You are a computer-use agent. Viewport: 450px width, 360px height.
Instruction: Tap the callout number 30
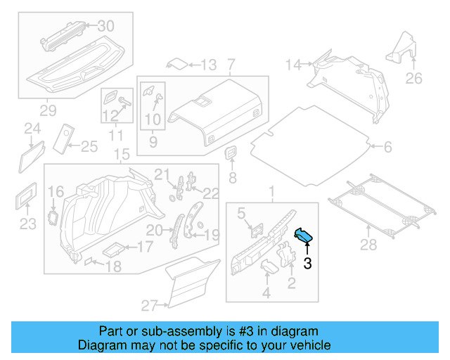(105, 26)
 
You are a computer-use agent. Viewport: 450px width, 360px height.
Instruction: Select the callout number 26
(414, 78)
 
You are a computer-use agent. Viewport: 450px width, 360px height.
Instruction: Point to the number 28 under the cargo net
(368, 245)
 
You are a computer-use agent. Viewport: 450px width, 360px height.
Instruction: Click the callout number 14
(292, 65)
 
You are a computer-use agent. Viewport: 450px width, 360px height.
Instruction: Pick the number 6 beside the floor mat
(387, 147)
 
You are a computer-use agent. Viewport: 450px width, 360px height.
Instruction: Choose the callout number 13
(209, 65)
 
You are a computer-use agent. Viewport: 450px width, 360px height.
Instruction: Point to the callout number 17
(144, 247)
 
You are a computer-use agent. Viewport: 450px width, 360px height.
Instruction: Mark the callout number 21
(162, 174)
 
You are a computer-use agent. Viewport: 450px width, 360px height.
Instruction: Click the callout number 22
(211, 193)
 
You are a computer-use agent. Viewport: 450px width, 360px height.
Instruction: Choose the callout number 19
(212, 234)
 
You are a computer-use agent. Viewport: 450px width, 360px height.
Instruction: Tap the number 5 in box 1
(240, 212)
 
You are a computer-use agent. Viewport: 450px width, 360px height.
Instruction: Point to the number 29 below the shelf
(47, 110)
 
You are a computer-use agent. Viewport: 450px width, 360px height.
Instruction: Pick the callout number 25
(89, 146)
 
